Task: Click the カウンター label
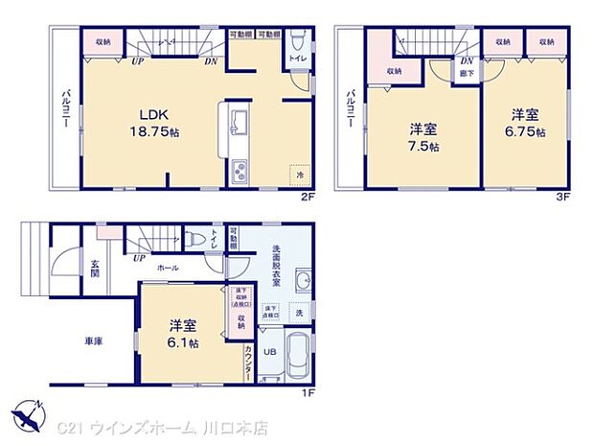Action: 248,364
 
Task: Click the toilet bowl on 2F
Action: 298,42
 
